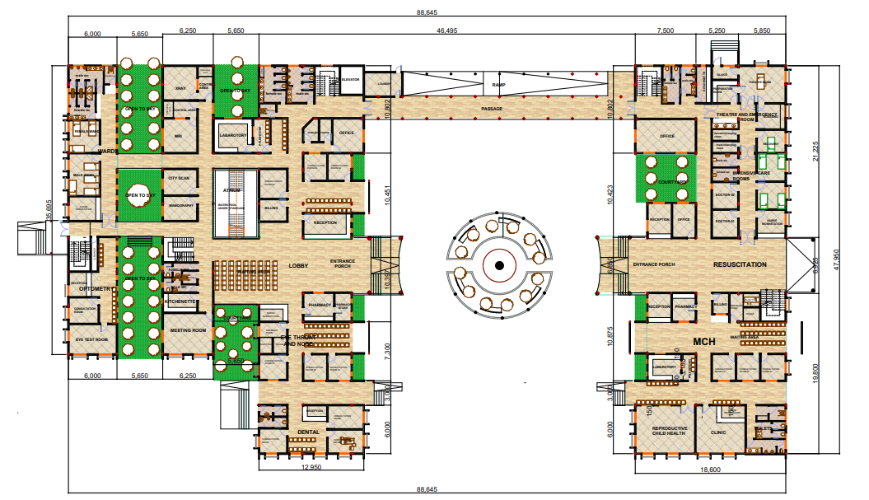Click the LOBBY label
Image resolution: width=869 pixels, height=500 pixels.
click(297, 265)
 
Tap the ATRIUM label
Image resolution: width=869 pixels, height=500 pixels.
click(231, 189)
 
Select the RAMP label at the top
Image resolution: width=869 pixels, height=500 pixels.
click(498, 85)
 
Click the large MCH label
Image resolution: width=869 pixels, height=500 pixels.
click(703, 341)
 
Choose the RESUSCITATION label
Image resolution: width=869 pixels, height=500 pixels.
click(740, 264)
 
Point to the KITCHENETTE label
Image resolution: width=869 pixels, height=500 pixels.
click(180, 301)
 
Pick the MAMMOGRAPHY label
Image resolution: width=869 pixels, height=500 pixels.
click(180, 205)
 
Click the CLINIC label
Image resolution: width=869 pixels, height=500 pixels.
click(718, 431)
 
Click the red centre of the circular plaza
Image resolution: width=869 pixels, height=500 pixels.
click(498, 265)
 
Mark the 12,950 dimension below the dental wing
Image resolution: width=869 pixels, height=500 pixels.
click(311, 467)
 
